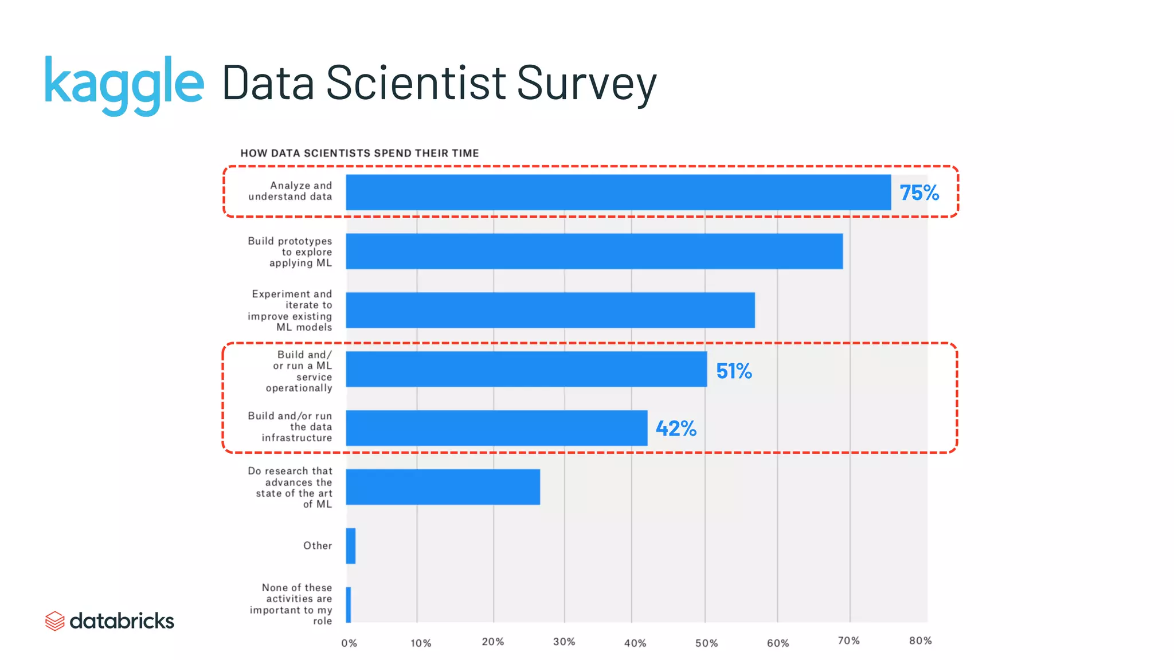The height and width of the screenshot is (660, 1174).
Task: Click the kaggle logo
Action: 124,84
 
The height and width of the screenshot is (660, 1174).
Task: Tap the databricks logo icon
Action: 54,621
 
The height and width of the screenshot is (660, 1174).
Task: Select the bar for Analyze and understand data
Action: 618,192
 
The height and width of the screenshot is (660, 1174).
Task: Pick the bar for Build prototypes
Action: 594,251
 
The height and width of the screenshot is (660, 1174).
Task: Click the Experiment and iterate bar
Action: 550,310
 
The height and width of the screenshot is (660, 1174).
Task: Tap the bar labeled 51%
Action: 526,369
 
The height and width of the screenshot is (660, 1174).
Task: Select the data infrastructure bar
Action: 496,428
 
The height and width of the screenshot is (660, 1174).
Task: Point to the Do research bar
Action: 443,487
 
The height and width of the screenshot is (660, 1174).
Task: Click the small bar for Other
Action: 350,546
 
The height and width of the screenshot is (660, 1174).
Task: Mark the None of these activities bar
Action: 348,604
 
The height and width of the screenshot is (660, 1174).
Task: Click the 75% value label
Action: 919,193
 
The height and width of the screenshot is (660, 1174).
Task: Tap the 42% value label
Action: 676,429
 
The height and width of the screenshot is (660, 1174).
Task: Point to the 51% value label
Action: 734,371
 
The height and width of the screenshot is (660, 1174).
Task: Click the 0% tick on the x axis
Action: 349,643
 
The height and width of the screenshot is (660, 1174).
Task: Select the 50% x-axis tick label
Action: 706,643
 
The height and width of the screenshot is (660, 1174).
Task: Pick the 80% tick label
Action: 920,641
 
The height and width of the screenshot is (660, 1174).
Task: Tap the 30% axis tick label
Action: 564,642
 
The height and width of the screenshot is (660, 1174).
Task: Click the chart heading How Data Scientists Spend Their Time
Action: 359,154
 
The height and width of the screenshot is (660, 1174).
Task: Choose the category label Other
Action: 318,546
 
